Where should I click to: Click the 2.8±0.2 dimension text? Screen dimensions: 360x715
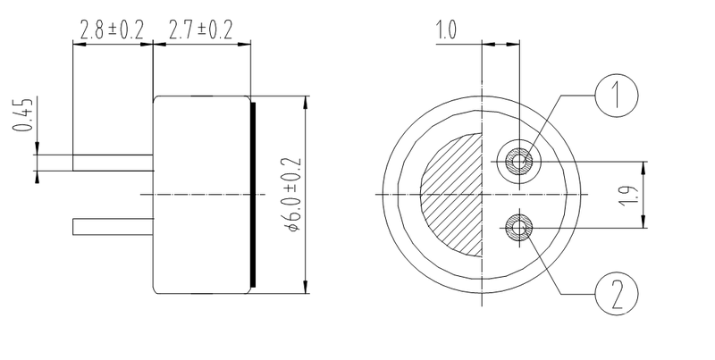tap(111, 30)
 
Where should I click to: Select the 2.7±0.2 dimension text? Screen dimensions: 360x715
tap(201, 30)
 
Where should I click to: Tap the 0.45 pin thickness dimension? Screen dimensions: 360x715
tap(23, 114)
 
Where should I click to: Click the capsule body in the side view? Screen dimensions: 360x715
tap(201, 194)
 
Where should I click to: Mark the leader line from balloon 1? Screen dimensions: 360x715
tap(563, 125)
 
